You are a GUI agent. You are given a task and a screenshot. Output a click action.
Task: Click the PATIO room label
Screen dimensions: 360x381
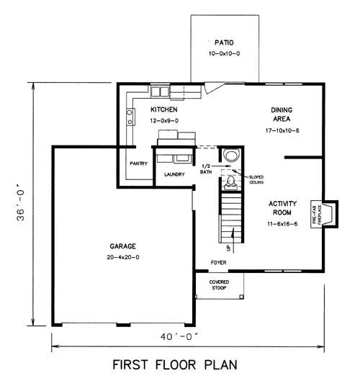(224, 42)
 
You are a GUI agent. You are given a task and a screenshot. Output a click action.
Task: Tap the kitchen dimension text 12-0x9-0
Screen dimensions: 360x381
(164, 121)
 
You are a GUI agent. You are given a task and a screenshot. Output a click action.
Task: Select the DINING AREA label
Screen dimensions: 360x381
(282, 115)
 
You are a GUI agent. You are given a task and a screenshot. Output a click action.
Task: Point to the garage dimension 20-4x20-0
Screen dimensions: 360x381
(123, 257)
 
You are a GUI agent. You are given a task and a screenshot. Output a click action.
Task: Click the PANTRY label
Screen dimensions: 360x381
(138, 163)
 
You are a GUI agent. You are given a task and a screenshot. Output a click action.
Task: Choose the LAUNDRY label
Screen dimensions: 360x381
(174, 174)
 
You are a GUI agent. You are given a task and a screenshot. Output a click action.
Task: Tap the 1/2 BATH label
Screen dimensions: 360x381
(206, 169)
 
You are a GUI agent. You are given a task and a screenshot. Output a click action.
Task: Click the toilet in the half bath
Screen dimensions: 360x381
(230, 183)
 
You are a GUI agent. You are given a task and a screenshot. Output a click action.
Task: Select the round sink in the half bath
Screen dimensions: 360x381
(231, 156)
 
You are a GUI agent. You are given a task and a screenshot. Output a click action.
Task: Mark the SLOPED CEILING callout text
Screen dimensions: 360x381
(256, 179)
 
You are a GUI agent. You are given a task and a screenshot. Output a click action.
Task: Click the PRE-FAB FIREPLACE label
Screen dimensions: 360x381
(317, 214)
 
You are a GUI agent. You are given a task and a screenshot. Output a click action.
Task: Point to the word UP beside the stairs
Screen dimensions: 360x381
(228, 248)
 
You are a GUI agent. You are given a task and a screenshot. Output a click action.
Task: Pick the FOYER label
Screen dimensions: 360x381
(218, 263)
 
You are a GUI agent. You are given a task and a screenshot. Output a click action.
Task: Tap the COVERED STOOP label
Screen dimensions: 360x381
(219, 284)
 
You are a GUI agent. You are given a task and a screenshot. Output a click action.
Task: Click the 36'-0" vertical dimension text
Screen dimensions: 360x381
(21, 205)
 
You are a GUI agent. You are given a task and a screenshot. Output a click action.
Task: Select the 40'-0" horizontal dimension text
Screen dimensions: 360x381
(179, 337)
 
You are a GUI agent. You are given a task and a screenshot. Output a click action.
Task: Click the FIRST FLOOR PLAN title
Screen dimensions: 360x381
(175, 365)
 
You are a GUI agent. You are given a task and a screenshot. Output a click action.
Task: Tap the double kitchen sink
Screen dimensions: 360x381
(160, 91)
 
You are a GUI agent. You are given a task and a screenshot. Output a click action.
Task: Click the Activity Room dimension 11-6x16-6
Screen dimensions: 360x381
(282, 224)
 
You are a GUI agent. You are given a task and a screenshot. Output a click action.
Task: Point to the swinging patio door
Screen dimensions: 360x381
(215, 88)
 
